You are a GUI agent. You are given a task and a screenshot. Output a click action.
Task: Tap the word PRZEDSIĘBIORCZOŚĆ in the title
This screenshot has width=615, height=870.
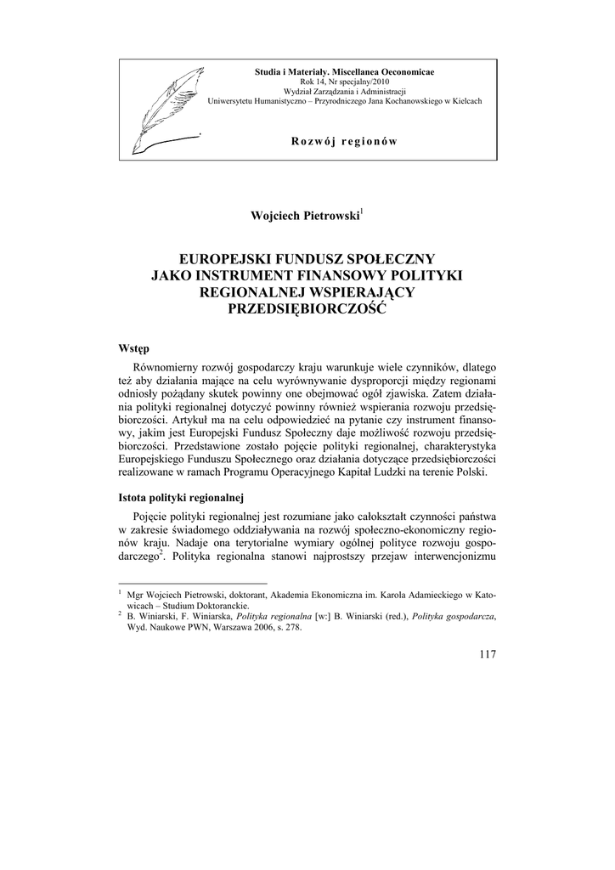(307, 309)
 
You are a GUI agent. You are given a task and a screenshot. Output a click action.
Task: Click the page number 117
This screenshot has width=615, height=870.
(487, 653)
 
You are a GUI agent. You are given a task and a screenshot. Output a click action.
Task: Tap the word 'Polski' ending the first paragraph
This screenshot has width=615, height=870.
(471, 472)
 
